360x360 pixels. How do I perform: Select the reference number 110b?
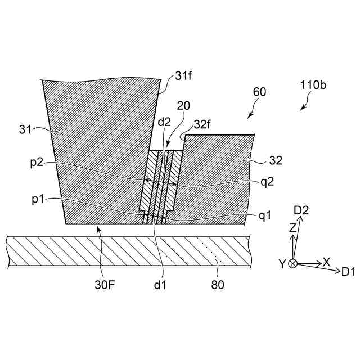[x=314, y=85]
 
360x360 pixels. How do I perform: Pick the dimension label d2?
[x=164, y=121]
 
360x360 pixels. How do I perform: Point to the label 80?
[x=217, y=285]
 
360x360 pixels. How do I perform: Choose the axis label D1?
[x=348, y=272]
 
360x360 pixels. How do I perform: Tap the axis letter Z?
[x=292, y=228]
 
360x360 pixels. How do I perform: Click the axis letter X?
[x=326, y=262]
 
